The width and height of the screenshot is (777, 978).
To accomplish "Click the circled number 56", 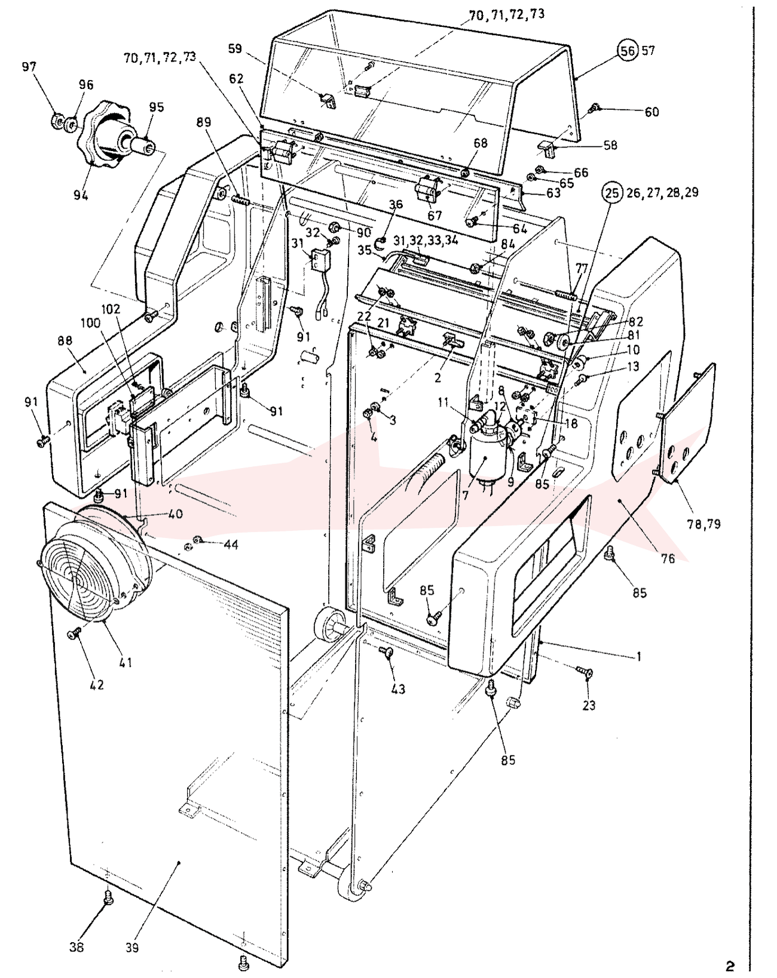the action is point(628,50).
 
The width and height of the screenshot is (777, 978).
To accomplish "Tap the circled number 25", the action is point(613,193).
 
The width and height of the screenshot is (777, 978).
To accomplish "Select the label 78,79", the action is point(704,524).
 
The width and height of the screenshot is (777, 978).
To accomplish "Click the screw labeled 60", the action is point(594,108).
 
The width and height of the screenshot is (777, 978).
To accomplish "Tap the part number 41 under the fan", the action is point(126,662).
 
